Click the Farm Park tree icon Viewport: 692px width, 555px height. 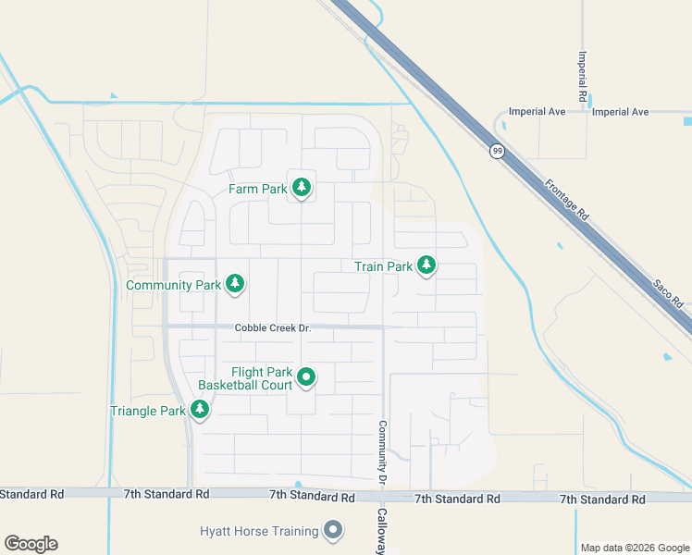coord(301,189)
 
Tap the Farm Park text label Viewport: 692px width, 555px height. coord(258,190)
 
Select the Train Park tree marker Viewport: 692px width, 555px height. coord(426,266)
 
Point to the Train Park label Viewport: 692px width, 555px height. coord(384,266)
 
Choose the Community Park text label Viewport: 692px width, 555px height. coord(174,285)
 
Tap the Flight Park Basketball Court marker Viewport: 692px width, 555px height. coord(306,377)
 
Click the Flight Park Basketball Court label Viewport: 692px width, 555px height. coord(246,378)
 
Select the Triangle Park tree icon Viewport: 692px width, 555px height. coord(199,410)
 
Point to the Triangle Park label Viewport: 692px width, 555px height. coord(148,411)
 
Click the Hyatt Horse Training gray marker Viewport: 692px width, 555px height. coord(333,531)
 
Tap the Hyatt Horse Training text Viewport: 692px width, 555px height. coord(260,531)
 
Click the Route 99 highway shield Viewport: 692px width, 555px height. coord(498,151)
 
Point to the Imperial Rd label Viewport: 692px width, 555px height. coord(583,76)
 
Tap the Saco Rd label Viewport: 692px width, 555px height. coord(667,290)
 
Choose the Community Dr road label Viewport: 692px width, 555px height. coord(380,452)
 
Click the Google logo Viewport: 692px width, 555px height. coord(31,544)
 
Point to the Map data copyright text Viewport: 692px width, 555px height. coord(635,548)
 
